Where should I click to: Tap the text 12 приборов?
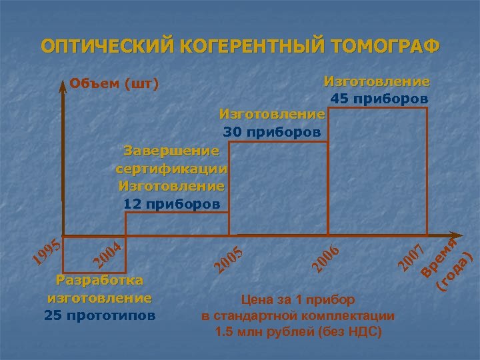coord(171,203)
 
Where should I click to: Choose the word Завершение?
coord(171,149)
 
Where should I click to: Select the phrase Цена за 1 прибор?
coord(298,300)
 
